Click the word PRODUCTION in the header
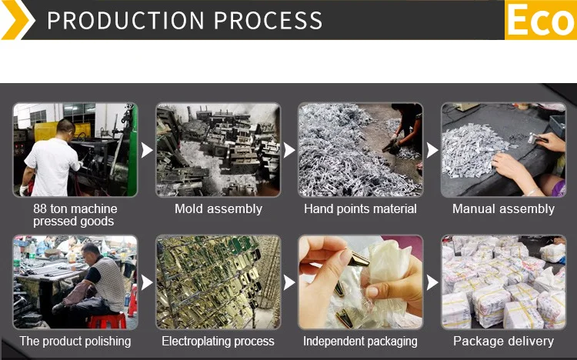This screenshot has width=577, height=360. (124, 20)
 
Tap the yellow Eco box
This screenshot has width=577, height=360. (540, 20)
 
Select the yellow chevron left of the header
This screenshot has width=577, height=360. (17, 20)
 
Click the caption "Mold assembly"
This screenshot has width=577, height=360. (218, 208)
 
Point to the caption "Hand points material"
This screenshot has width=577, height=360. (360, 208)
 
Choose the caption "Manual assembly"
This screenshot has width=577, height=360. (503, 208)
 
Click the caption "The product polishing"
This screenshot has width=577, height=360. (75, 341)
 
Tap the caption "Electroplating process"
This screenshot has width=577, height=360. (218, 341)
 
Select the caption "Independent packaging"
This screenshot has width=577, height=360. (360, 341)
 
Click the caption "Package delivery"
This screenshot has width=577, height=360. (503, 341)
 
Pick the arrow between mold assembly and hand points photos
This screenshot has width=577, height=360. (289, 150)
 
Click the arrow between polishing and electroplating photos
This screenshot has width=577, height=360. (147, 282)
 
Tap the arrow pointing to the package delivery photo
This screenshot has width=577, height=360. (432, 282)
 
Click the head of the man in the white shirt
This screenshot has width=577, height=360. (65, 127)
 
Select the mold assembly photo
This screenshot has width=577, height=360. (218, 149)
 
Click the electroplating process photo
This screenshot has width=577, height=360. (218, 282)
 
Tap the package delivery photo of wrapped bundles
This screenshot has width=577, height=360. (503, 282)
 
